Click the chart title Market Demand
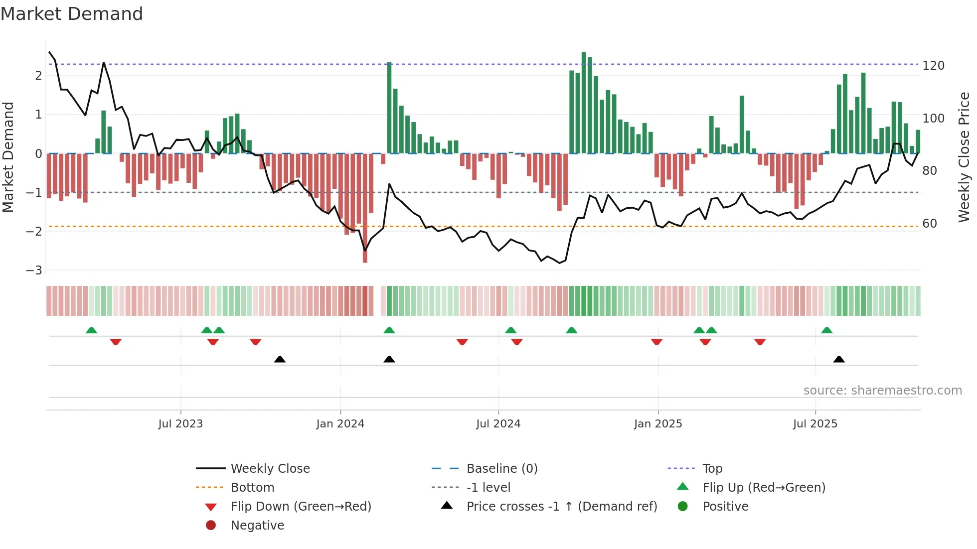[x=72, y=14]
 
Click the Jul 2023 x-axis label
[x=180, y=424]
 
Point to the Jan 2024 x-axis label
[x=340, y=424]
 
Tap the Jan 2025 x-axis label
[x=657, y=424]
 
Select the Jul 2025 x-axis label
[x=815, y=424]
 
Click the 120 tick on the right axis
[x=933, y=66]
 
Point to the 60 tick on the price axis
[x=930, y=224]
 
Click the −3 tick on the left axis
[x=34, y=271]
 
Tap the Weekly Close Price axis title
[x=964, y=157]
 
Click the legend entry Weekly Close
[x=270, y=469]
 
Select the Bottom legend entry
[x=252, y=488]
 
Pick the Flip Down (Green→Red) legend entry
[x=301, y=507]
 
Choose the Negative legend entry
[x=257, y=526]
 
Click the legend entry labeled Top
[x=712, y=469]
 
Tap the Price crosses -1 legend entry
[x=561, y=507]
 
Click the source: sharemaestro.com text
[x=882, y=391]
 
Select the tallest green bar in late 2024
[x=584, y=102]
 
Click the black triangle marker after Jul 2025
[x=839, y=359]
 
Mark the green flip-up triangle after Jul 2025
[x=826, y=330]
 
